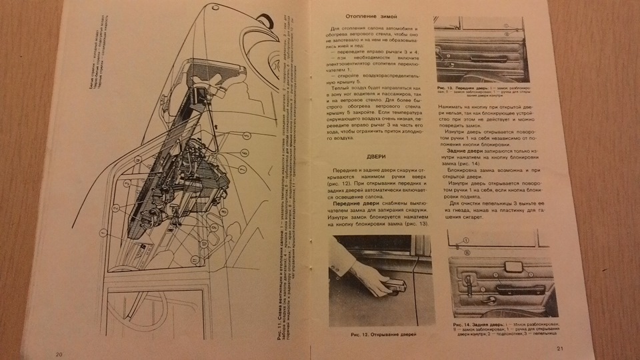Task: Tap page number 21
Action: (x=560, y=349)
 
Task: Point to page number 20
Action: (x=59, y=353)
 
